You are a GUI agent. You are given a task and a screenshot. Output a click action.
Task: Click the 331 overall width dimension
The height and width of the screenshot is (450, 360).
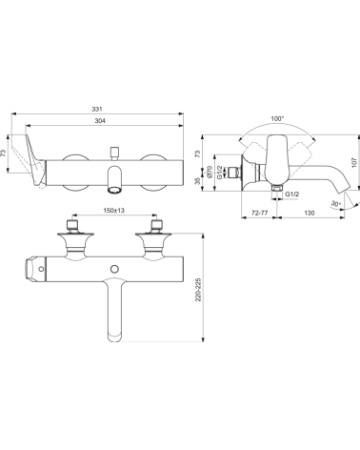(x=97, y=109)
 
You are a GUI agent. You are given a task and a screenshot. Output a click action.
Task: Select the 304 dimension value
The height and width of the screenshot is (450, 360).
(x=100, y=121)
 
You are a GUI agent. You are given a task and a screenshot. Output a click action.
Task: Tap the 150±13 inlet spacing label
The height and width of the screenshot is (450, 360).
(x=114, y=210)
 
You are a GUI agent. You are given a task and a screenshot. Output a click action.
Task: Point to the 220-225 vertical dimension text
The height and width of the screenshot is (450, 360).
(x=198, y=290)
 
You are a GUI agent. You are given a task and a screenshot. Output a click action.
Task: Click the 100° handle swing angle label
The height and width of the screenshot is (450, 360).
(x=277, y=118)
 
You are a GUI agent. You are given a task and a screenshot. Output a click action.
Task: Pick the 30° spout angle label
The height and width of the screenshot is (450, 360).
(x=335, y=203)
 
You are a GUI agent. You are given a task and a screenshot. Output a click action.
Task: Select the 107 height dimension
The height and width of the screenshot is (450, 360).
(x=355, y=162)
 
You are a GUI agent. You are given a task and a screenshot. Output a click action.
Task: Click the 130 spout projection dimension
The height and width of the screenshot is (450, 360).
(x=310, y=213)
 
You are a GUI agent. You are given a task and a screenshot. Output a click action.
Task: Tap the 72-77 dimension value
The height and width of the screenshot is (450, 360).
(x=259, y=213)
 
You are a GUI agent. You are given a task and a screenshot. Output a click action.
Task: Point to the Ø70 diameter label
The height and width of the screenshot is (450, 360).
(x=210, y=172)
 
